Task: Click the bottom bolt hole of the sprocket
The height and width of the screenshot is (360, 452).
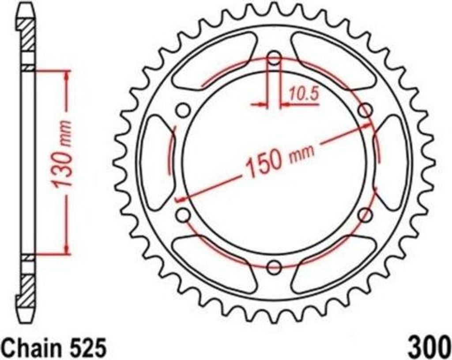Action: (x=274, y=266)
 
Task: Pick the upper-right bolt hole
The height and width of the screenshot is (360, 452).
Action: (x=365, y=110)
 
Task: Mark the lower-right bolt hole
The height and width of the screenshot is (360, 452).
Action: (x=365, y=215)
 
